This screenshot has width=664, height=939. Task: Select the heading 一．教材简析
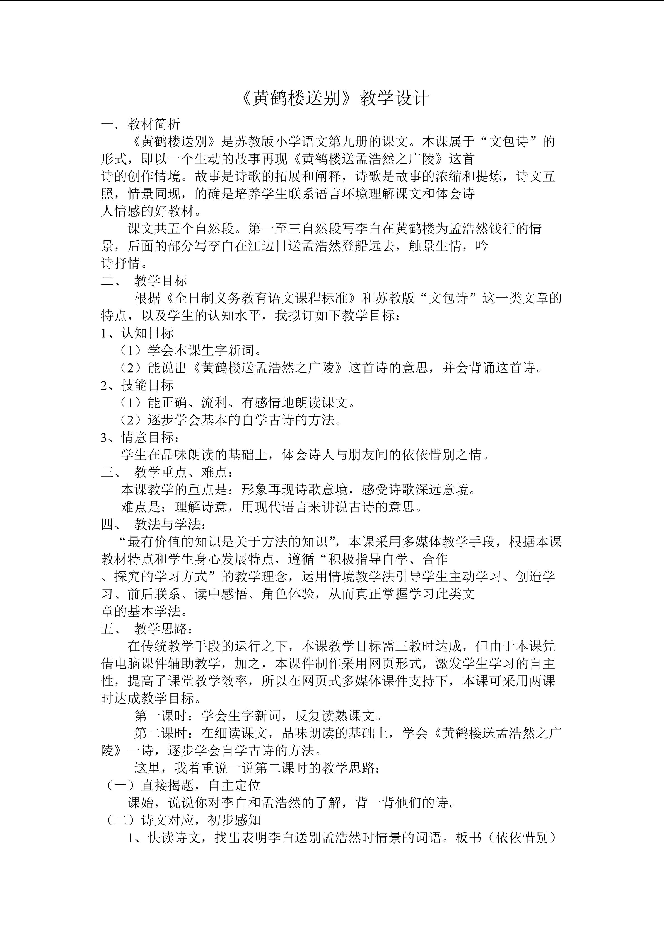point(141,124)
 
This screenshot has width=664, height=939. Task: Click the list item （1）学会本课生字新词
point(190,351)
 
